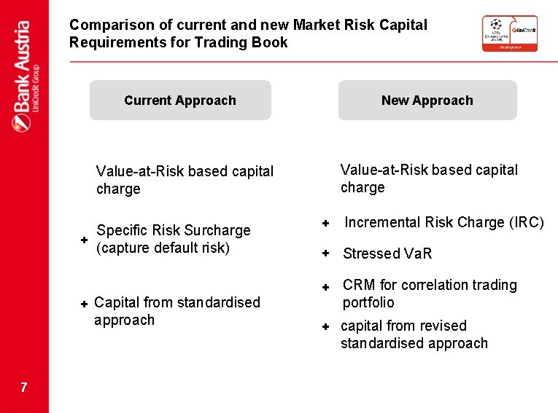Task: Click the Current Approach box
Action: pyautogui.click(x=180, y=101)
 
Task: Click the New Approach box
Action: pyautogui.click(x=427, y=101)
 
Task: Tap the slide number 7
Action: pyautogui.click(x=24, y=388)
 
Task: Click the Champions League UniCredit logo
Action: pyautogui.click(x=509, y=34)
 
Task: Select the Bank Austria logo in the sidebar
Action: pyautogui.click(x=24, y=76)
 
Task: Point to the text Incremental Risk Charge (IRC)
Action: pyautogui.click(x=443, y=222)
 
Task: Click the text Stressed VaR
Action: pyautogui.click(x=387, y=253)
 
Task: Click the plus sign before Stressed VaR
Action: pyautogui.click(x=327, y=253)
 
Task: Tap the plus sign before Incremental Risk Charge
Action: pyautogui.click(x=327, y=222)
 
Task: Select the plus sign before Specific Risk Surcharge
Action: pyautogui.click(x=84, y=239)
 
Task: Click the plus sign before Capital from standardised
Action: pyautogui.click(x=84, y=302)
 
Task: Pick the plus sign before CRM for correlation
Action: pyautogui.click(x=327, y=287)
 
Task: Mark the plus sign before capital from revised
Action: pyautogui.click(x=327, y=327)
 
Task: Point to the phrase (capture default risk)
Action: pyautogui.click(x=163, y=248)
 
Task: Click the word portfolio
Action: pyautogui.click(x=368, y=302)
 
